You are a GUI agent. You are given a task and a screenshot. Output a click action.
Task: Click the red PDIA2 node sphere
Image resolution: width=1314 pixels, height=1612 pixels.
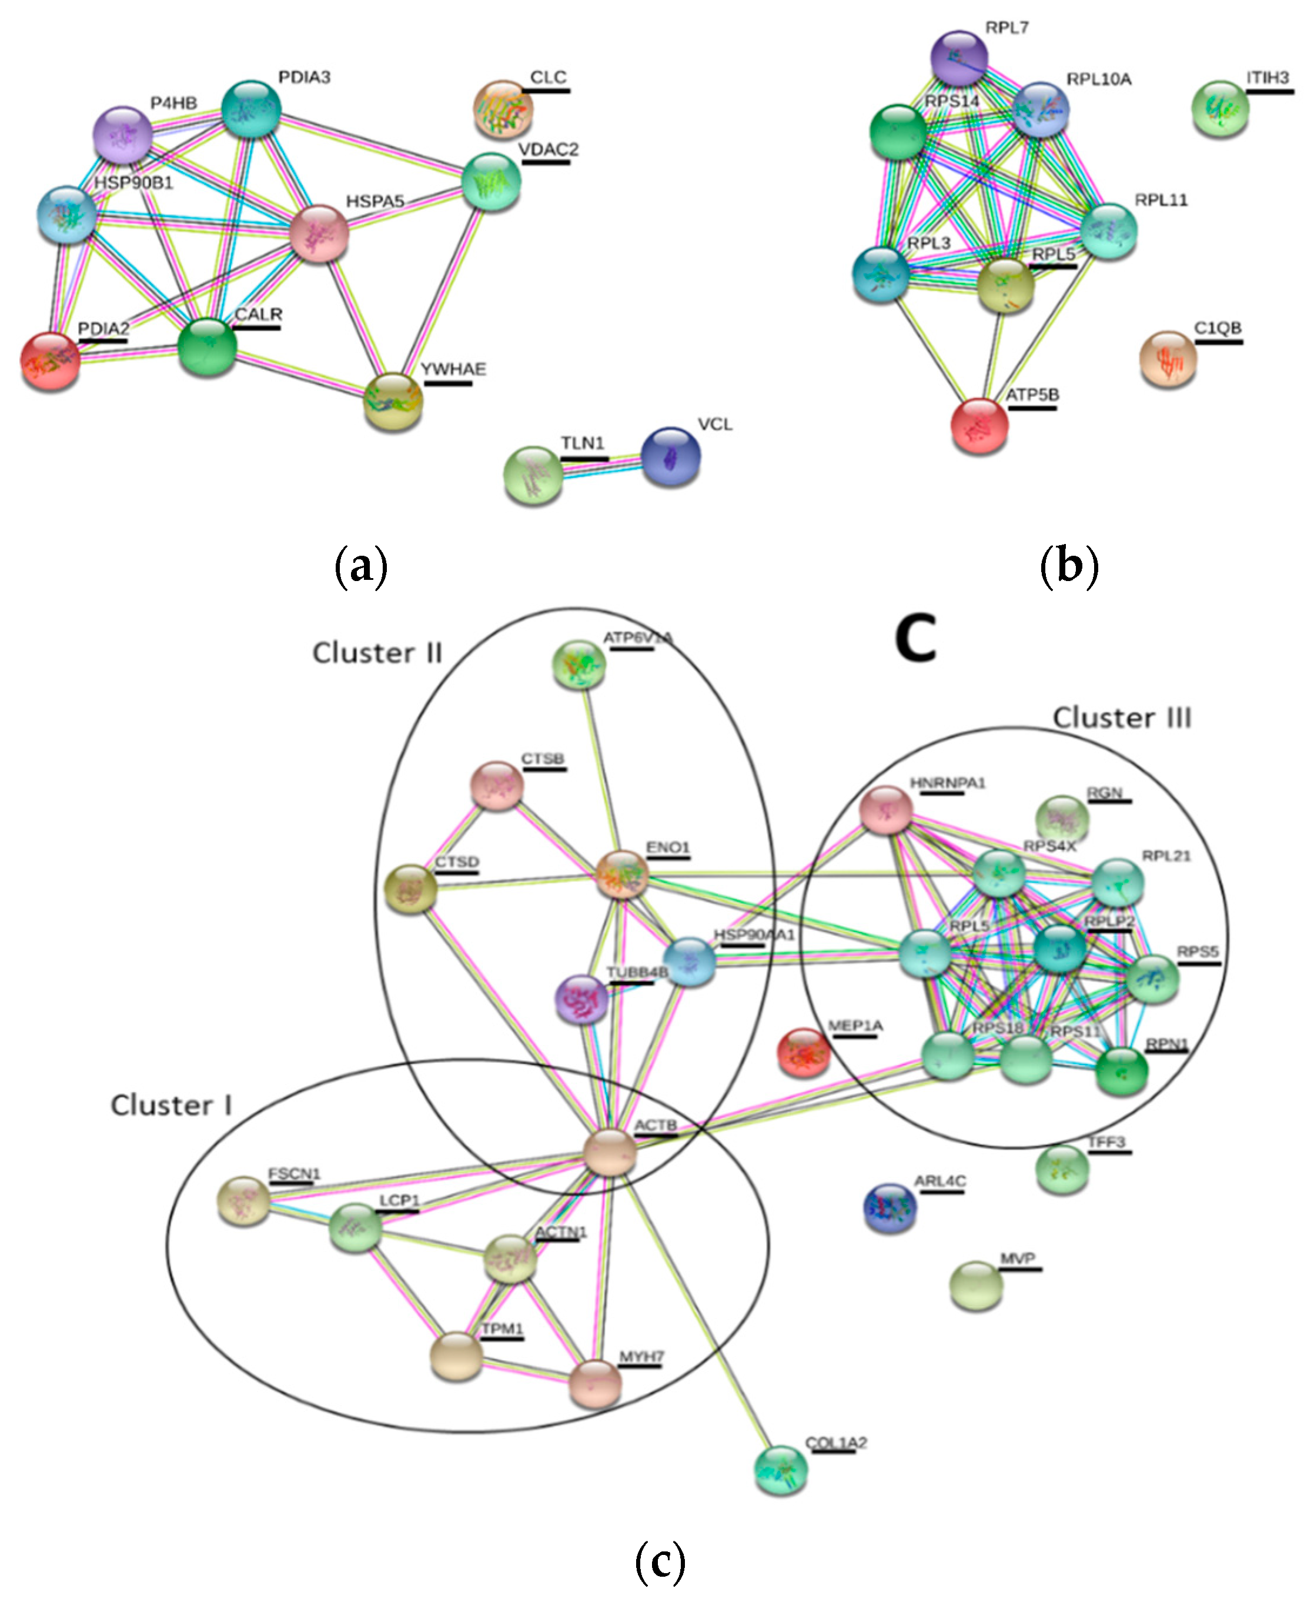pos(50,361)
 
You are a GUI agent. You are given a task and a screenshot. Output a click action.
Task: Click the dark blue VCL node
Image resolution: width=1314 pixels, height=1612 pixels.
pos(670,456)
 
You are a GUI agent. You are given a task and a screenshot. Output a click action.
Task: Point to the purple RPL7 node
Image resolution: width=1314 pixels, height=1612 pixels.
pos(959,58)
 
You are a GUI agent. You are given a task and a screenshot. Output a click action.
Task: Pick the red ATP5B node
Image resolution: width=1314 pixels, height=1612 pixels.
pos(979,426)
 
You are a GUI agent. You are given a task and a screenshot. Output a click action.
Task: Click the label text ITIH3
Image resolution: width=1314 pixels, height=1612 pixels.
pos(1267,77)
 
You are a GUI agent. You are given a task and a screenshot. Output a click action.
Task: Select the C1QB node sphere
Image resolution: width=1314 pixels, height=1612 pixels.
pos(1168,359)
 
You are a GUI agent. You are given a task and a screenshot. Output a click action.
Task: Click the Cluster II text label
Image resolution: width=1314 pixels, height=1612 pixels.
pos(377,653)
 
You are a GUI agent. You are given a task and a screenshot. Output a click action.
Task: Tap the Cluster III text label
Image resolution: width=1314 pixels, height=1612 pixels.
pos(1122,717)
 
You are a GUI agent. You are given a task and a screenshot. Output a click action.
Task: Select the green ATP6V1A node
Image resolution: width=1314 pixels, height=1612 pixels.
pos(579,665)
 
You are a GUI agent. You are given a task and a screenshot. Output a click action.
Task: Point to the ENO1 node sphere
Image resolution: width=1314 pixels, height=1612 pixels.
pos(622,875)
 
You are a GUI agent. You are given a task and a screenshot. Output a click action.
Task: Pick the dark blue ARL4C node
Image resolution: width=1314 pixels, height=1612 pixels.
pos(890,1207)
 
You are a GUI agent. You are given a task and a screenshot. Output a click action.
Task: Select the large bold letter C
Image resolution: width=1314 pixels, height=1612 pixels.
pos(915,638)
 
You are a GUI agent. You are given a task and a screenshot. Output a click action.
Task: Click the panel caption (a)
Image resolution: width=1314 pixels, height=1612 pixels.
pos(361,566)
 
